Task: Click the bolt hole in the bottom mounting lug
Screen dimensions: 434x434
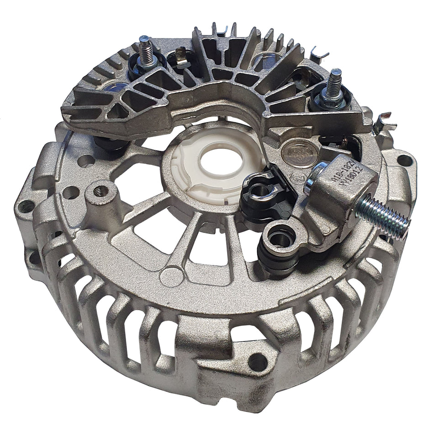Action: [257, 361]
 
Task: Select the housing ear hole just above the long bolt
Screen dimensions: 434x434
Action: [404, 160]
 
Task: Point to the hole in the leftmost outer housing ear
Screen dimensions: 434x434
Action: [26, 207]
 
